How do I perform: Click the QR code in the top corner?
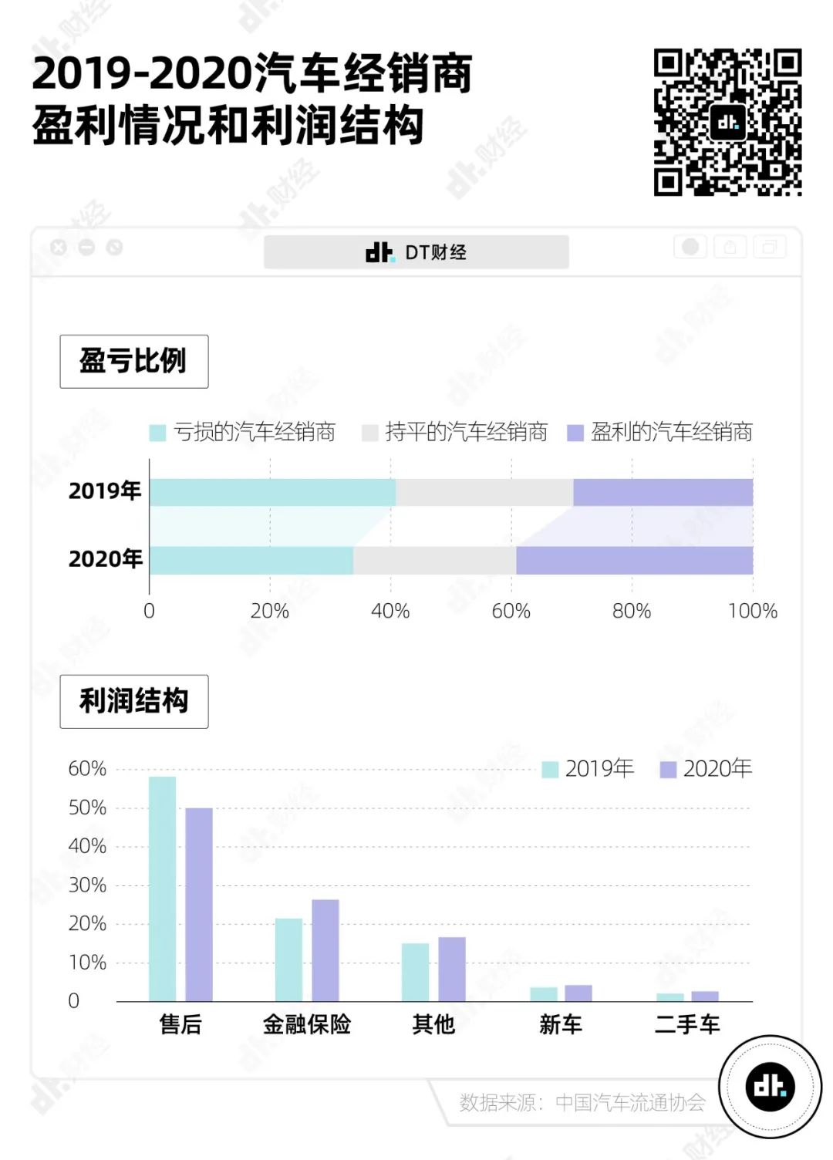[727, 122]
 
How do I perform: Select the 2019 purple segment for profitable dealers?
[663, 492]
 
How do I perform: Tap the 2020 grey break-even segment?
[434, 561]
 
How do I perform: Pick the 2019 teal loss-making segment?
[272, 492]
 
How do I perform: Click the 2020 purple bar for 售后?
[199, 904]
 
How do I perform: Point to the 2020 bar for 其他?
[452, 969]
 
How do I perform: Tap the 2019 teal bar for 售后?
[162, 889]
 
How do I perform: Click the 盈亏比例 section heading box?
[134, 361]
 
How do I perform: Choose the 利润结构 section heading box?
[134, 701]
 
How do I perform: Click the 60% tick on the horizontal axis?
[511, 611]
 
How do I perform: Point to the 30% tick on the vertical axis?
[87, 885]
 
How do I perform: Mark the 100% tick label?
[752, 611]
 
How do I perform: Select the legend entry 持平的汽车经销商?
[455, 432]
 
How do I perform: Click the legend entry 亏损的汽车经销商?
[243, 432]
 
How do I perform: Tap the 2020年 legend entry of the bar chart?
[707, 768]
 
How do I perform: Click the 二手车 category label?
[687, 1024]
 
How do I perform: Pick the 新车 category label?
[561, 1024]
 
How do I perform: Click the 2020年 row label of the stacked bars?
[106, 558]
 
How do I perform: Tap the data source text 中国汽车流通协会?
[630, 1102]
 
